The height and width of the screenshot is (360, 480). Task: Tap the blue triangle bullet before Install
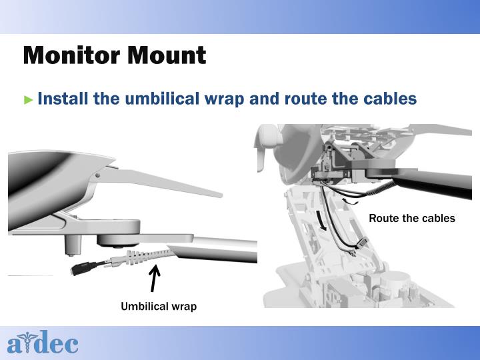[28, 100]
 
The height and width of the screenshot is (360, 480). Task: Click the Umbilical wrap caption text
[159, 307]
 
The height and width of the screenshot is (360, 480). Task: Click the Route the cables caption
[412, 218]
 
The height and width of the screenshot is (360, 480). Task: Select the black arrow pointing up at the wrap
[155, 279]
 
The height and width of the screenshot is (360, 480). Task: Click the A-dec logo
[43, 344]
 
